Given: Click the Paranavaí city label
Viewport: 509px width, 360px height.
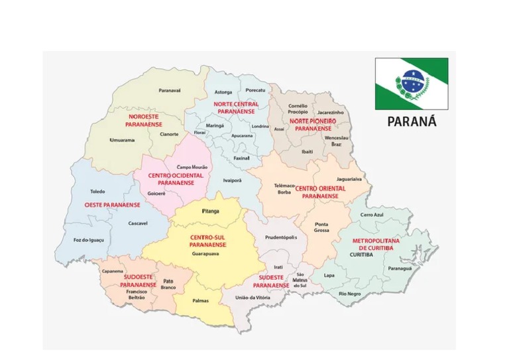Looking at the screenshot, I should click(x=170, y=90).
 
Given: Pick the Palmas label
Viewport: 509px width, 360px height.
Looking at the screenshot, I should click(x=200, y=300).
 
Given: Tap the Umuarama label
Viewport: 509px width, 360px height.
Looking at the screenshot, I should click(x=122, y=140).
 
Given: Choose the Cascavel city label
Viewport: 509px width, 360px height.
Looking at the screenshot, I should click(x=138, y=223).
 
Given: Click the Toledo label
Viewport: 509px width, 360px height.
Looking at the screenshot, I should click(x=97, y=191).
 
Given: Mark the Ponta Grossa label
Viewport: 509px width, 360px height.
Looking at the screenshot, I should click(x=321, y=227).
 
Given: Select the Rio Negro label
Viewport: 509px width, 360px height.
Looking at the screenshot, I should click(x=349, y=293).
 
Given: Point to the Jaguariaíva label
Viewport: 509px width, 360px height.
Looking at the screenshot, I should click(x=349, y=179).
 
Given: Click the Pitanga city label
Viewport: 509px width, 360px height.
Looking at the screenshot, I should click(x=210, y=211).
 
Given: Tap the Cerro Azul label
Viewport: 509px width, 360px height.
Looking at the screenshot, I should click(x=372, y=215).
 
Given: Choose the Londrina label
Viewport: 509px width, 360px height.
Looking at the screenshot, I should click(x=260, y=126).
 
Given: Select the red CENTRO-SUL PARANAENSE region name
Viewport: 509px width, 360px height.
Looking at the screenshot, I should click(x=207, y=241).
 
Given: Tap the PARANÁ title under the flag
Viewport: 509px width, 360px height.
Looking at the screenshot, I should click(x=412, y=122).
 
